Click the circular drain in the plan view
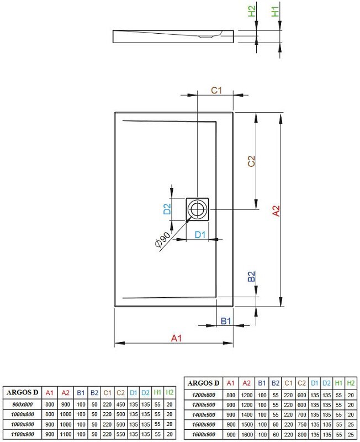tap(197, 209)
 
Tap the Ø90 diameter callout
tap(163, 239)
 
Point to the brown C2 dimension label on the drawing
tap(251, 161)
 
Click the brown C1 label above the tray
tap(216, 90)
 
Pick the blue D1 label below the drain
tap(200, 235)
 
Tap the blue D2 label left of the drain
tap(166, 209)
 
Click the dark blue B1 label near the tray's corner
tap(225, 320)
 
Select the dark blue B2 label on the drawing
tap(251, 276)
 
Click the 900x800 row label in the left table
tap(22, 404)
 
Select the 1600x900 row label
tap(203, 434)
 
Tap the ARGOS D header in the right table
tap(203, 383)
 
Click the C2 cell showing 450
tap(120, 404)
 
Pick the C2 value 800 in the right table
tap(301, 434)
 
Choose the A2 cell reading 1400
tap(247, 414)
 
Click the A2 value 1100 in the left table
tap(65, 434)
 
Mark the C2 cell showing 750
tap(301, 424)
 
